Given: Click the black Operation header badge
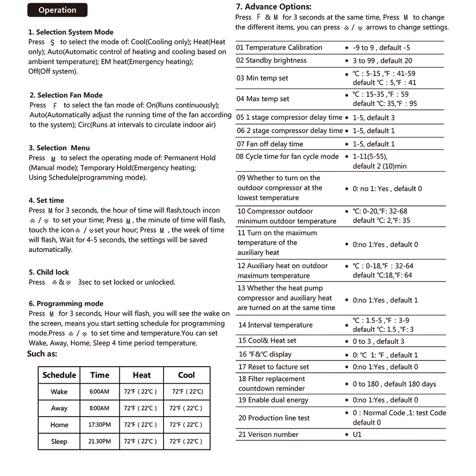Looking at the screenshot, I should pos(57,10).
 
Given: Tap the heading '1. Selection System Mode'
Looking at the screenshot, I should pos(71,32).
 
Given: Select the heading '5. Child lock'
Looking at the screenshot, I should pos(49,272).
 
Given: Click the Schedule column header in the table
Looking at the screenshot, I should pos(59,375).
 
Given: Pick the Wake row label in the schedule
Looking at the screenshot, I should pos(59,392).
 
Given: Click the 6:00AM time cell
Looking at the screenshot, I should pos(99,392).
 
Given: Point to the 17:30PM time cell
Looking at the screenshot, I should pos(99,425).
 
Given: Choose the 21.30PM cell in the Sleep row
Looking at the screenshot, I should pos(99,441).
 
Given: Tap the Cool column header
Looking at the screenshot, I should pos(186,375).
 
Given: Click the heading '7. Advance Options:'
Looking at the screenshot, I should pos(274,7).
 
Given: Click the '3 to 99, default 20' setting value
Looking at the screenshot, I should pos(382,61).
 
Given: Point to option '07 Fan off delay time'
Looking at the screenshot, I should pos(270,144).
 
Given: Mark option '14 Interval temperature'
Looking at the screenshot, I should pos(275,325).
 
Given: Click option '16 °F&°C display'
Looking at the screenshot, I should pos(265,354).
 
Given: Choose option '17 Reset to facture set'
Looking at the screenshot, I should pos(274,367).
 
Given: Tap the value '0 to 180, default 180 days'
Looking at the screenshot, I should pos(394,384).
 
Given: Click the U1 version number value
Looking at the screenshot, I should pos(357,435).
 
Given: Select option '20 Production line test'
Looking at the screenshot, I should pos(274,418).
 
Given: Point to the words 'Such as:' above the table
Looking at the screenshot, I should pos(42,354).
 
